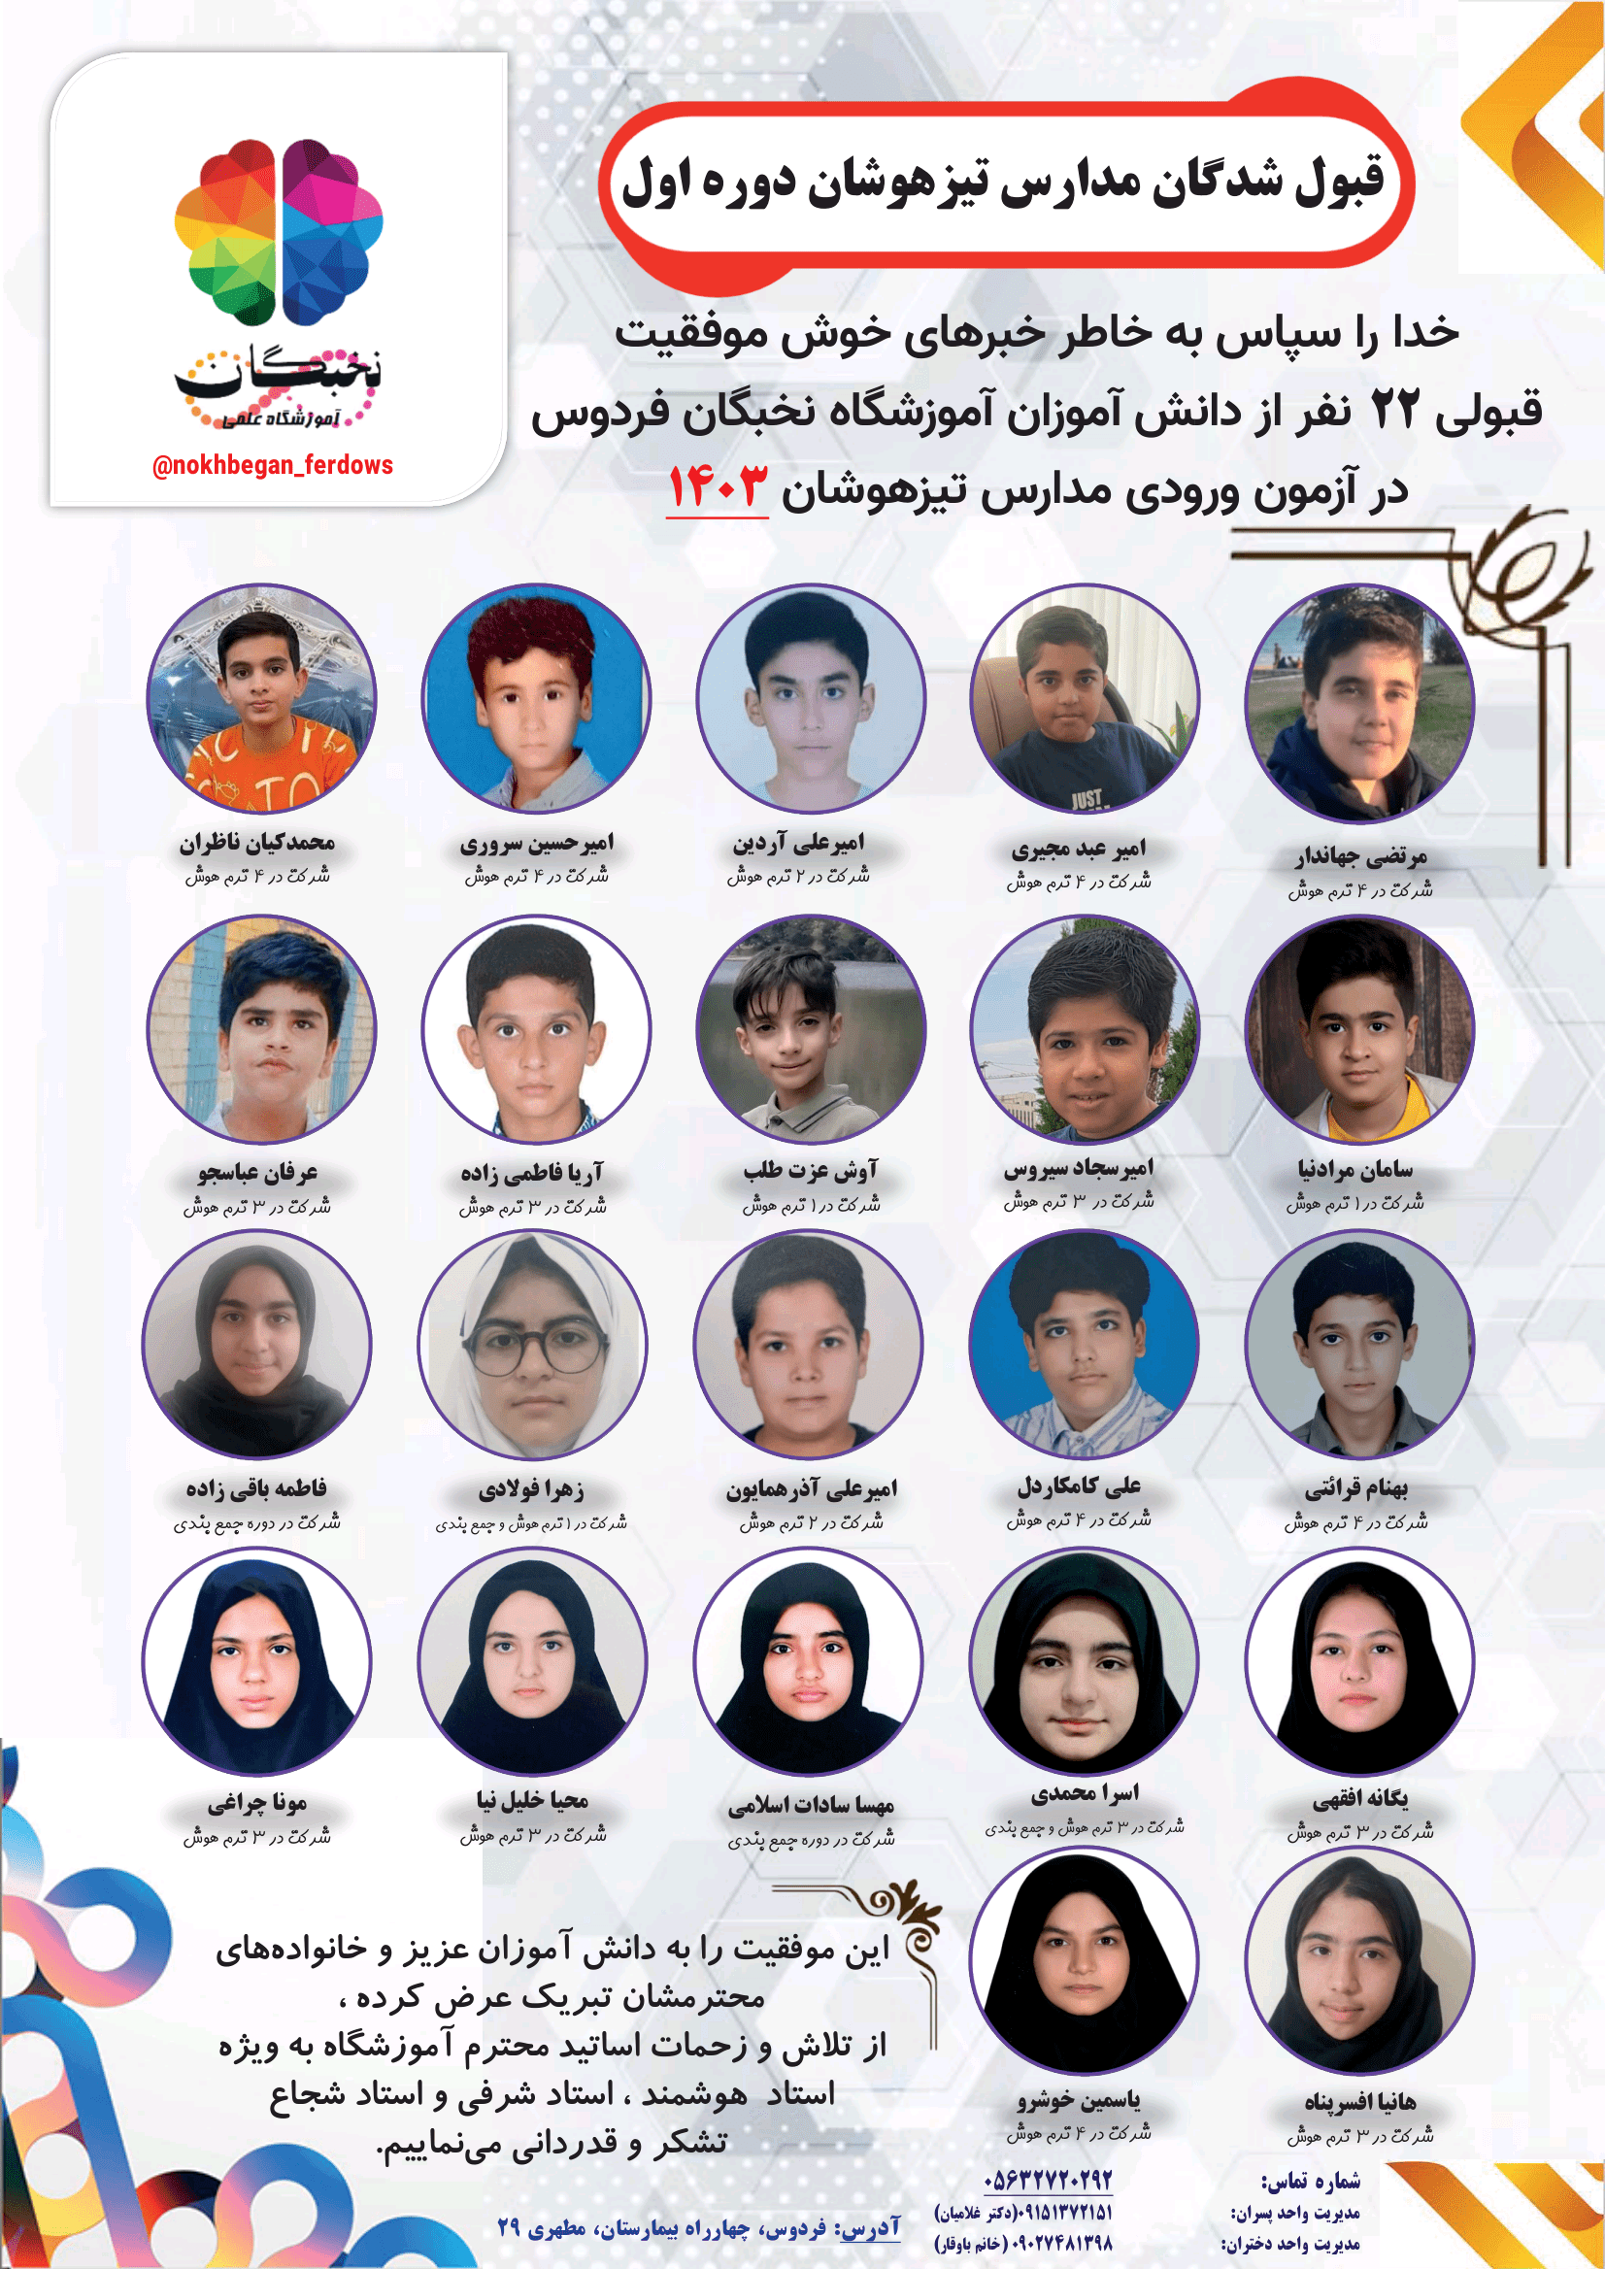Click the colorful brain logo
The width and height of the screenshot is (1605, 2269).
click(278, 232)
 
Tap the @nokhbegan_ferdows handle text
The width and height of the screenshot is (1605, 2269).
click(272, 465)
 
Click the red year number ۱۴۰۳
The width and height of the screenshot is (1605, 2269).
click(718, 487)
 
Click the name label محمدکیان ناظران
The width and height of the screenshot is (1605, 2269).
click(257, 842)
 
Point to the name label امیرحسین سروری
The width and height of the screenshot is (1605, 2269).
click(537, 843)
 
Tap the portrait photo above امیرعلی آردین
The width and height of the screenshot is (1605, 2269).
click(811, 698)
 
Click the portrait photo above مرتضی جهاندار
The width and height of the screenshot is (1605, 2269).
click(1359, 703)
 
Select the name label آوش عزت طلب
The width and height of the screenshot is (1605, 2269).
click(811, 1170)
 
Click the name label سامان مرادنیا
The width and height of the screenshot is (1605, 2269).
click(1354, 1169)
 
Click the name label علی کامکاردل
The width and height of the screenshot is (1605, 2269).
click(1080, 1485)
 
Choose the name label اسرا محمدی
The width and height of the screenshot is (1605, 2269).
click(1085, 1792)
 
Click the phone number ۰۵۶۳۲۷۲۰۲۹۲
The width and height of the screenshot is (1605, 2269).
click(1048, 2179)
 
